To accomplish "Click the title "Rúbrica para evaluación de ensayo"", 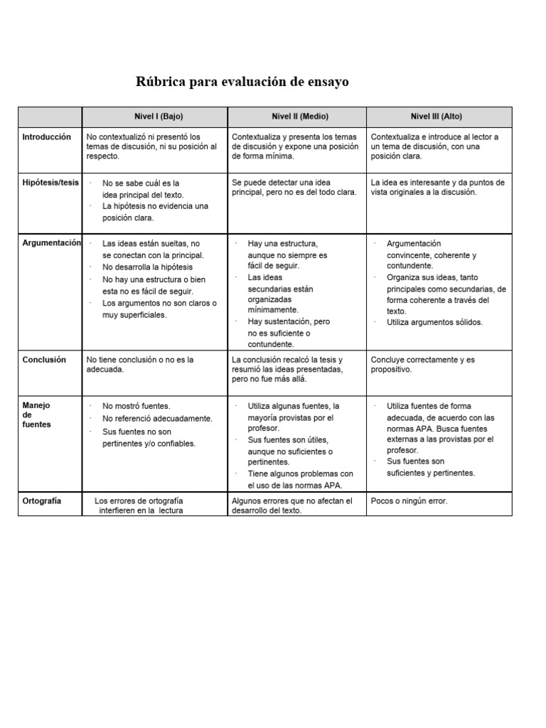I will [x=242, y=82].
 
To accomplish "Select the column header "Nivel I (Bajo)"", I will [x=154, y=117].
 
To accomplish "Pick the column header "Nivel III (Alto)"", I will [x=436, y=117].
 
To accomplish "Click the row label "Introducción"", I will [x=47, y=136].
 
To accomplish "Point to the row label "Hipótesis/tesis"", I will [x=50, y=182].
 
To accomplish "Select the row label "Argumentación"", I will [x=52, y=243].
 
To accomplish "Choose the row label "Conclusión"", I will [x=44, y=360].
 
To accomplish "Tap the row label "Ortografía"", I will [x=42, y=500].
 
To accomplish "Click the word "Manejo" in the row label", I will [x=36, y=405].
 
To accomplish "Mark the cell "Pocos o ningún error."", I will [x=409, y=501].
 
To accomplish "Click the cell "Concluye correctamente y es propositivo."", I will [x=422, y=365].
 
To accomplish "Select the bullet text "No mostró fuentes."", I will [x=136, y=406].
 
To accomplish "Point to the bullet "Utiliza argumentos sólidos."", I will [x=434, y=322].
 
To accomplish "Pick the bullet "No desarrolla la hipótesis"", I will [x=147, y=267].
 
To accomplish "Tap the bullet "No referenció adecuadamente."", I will [x=157, y=419].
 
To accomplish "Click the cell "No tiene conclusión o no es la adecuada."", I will [x=140, y=365].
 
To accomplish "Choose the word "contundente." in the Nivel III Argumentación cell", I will [x=409, y=266].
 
